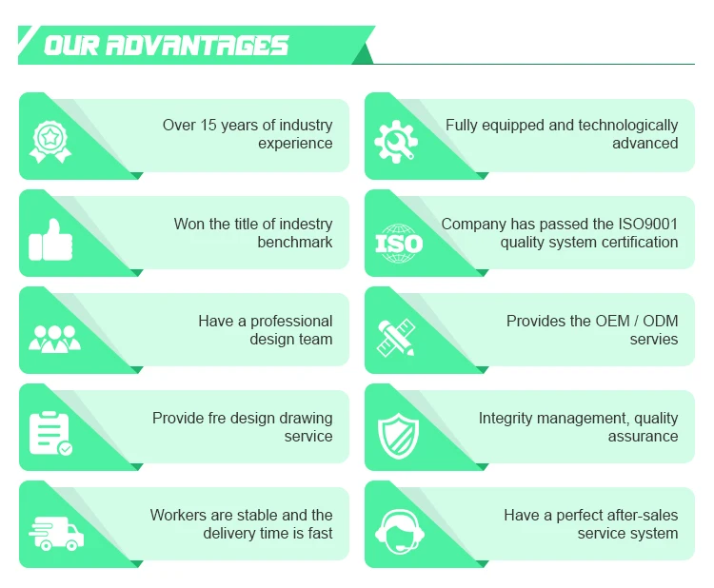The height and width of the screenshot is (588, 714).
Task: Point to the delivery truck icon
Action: (56, 532)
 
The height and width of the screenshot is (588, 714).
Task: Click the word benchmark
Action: (294, 242)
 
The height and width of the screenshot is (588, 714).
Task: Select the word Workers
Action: (180, 515)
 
